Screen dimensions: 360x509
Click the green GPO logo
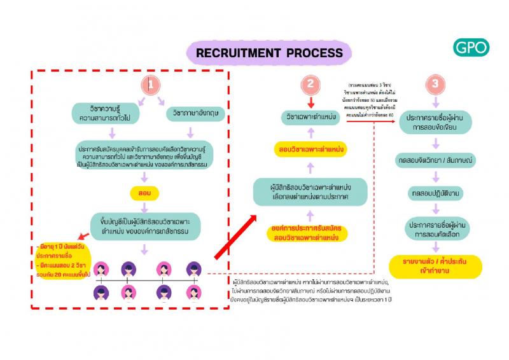click(471, 47)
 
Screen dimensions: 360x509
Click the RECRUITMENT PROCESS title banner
click(269, 53)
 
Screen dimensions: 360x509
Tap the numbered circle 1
click(150, 84)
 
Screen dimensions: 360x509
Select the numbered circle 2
click(310, 84)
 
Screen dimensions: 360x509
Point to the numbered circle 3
click(435, 84)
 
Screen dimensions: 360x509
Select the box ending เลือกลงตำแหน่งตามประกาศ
click(310, 191)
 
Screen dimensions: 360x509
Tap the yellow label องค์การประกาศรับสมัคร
click(309, 232)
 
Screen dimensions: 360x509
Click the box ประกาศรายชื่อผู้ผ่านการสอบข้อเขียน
click(435, 122)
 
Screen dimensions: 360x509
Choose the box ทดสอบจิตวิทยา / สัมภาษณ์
click(435, 158)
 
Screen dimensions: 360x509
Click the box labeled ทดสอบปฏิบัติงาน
click(435, 191)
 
